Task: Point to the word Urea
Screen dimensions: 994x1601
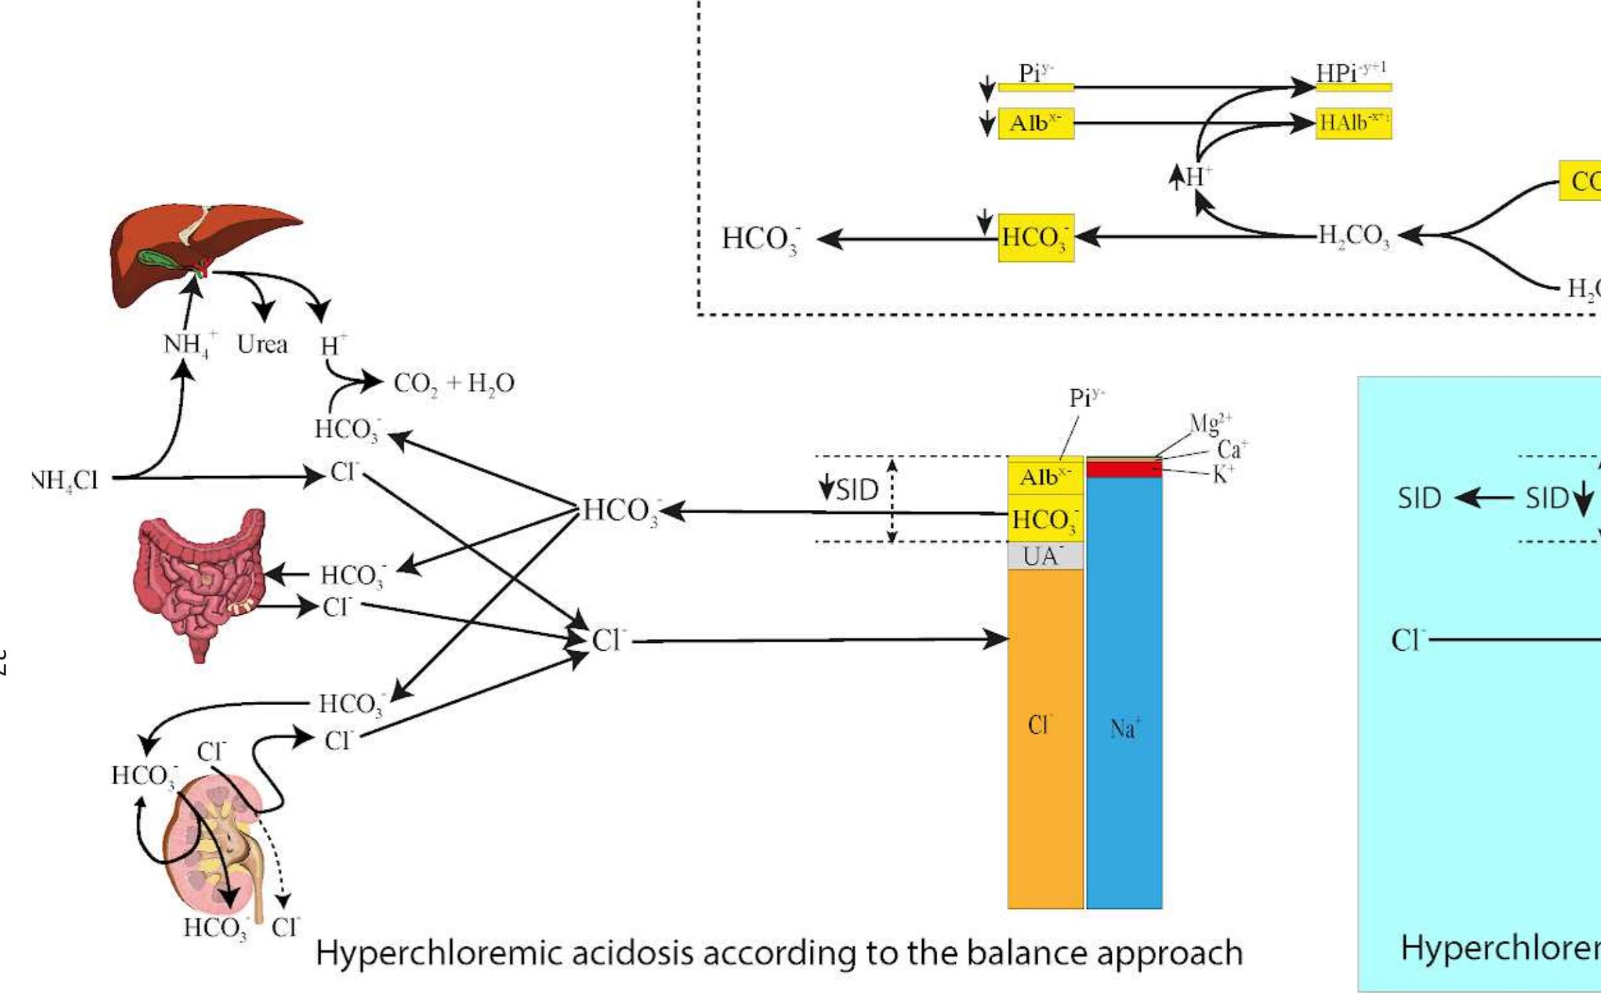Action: [262, 345]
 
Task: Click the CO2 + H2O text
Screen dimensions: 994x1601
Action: [454, 384]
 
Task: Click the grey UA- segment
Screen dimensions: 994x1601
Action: [1045, 556]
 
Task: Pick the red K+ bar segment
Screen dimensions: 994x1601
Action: [1124, 470]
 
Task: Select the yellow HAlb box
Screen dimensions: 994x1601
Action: [1353, 124]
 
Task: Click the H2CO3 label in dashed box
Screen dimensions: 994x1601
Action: [1353, 236]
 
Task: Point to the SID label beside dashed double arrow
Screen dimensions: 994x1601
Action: [857, 491]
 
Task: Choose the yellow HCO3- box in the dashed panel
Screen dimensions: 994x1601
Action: [1035, 238]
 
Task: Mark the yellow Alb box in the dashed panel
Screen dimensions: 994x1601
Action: [1035, 124]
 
